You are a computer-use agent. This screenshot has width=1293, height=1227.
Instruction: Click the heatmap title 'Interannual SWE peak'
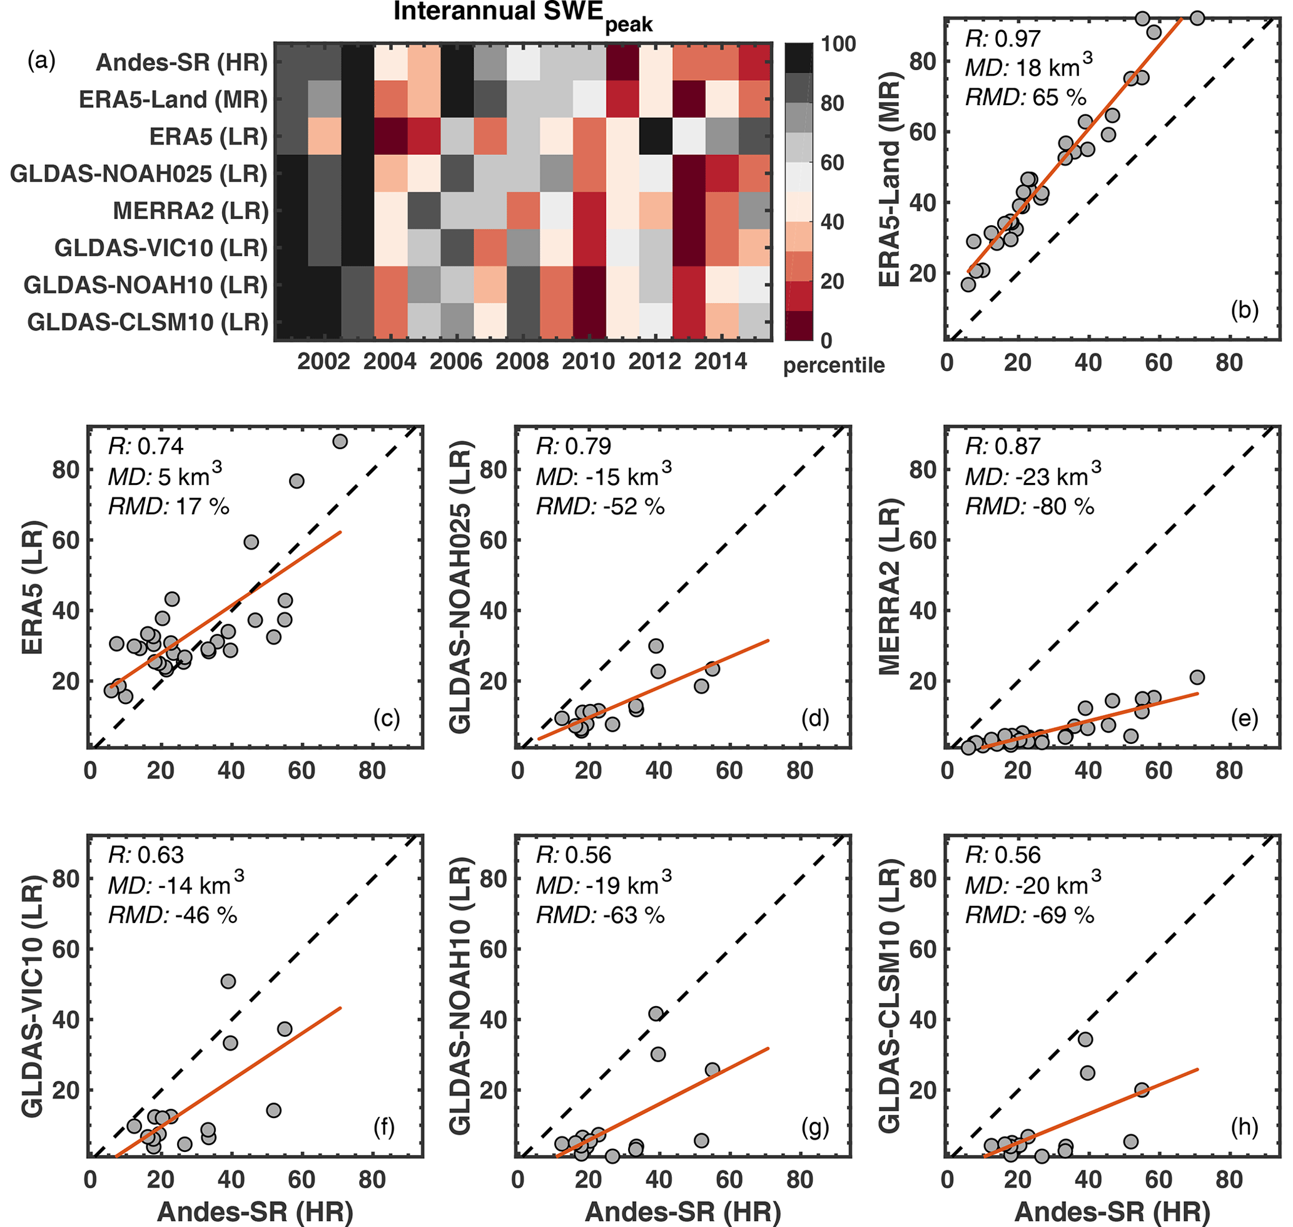pos(522,16)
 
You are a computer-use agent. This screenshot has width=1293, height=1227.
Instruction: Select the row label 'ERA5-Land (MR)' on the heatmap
pos(173,99)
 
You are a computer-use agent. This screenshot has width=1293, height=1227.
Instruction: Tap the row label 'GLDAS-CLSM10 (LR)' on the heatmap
pos(148,322)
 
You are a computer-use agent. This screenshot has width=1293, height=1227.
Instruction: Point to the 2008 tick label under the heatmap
pos(522,362)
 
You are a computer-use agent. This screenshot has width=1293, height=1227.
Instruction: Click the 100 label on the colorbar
pos(838,44)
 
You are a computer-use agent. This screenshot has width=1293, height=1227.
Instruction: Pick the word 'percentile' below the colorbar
pos(833,365)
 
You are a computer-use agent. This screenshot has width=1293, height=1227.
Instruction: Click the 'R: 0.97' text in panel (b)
pos(1002,39)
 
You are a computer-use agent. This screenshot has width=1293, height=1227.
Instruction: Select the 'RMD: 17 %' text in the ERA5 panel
pos(168,506)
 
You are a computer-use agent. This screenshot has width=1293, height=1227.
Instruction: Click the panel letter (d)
pos(815,719)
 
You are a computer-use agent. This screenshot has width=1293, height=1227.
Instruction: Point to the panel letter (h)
pos(1244,1127)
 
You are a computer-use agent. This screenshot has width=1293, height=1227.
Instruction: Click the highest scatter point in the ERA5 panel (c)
pos(340,442)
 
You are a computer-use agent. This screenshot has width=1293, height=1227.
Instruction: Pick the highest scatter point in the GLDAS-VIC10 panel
pos(228,981)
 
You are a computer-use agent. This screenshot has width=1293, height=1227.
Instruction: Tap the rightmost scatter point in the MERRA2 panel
pos(1197,677)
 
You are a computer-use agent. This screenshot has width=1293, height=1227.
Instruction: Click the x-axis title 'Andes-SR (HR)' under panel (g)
pos(683,1211)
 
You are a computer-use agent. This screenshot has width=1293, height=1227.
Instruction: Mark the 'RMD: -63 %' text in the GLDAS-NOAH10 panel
pos(600,915)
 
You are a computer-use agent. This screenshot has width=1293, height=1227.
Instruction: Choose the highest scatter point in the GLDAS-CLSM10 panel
pos(1085,1039)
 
